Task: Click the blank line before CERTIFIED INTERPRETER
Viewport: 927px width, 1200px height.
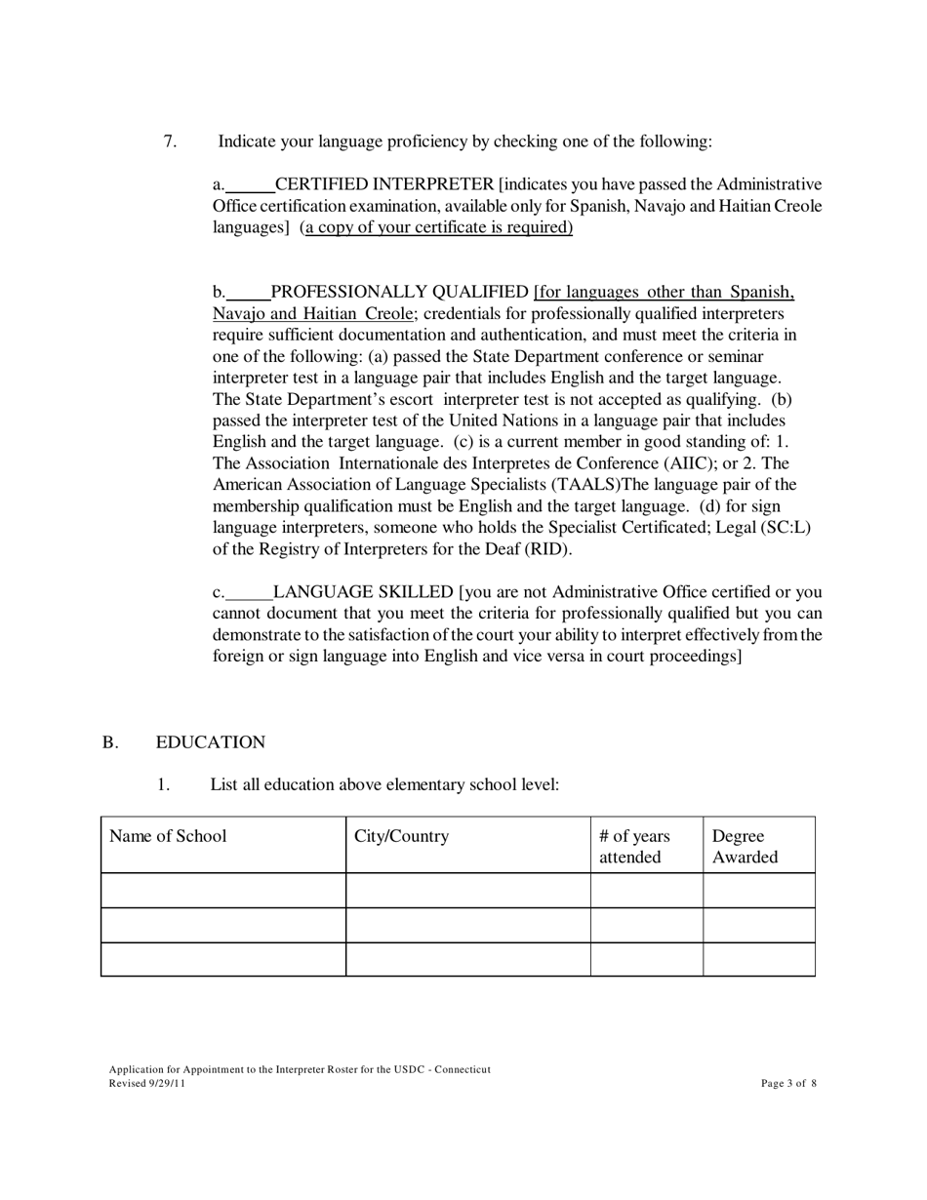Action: (250, 186)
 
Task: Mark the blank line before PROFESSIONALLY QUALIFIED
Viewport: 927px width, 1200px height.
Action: (248, 294)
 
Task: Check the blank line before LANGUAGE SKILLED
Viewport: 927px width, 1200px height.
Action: (249, 594)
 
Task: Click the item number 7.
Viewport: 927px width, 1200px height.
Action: (170, 141)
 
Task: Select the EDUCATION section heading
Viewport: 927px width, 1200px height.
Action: (210, 742)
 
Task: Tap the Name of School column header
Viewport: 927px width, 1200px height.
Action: (168, 836)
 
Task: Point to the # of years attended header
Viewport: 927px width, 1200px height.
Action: (635, 846)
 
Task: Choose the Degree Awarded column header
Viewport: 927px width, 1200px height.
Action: (745, 846)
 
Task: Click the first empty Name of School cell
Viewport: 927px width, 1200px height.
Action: (222, 890)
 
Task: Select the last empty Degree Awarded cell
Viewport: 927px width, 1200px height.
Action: (758, 959)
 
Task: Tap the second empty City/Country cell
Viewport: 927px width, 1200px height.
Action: (467, 925)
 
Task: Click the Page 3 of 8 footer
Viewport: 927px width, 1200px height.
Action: (788, 1083)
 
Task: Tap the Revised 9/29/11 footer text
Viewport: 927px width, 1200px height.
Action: (146, 1083)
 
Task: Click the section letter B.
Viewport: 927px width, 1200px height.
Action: (109, 742)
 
